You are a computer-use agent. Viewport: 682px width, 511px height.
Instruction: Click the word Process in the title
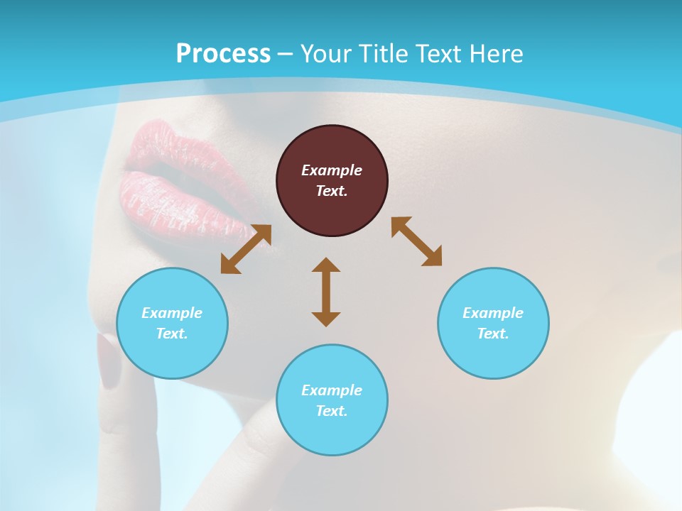tap(223, 54)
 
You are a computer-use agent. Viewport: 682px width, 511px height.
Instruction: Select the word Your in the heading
tap(327, 54)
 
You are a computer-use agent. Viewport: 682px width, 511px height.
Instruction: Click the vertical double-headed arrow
tap(326, 292)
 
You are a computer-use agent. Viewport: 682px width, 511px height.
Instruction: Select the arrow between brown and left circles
tap(246, 249)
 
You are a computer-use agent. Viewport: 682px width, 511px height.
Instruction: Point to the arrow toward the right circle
tap(417, 242)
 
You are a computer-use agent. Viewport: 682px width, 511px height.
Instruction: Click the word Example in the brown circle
tap(332, 170)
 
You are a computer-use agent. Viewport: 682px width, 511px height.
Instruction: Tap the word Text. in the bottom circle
tap(332, 411)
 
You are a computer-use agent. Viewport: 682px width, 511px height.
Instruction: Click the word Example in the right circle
tap(493, 313)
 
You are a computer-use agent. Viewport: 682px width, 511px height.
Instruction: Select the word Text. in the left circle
tap(172, 334)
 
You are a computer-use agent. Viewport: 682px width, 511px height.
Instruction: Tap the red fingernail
tap(109, 362)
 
